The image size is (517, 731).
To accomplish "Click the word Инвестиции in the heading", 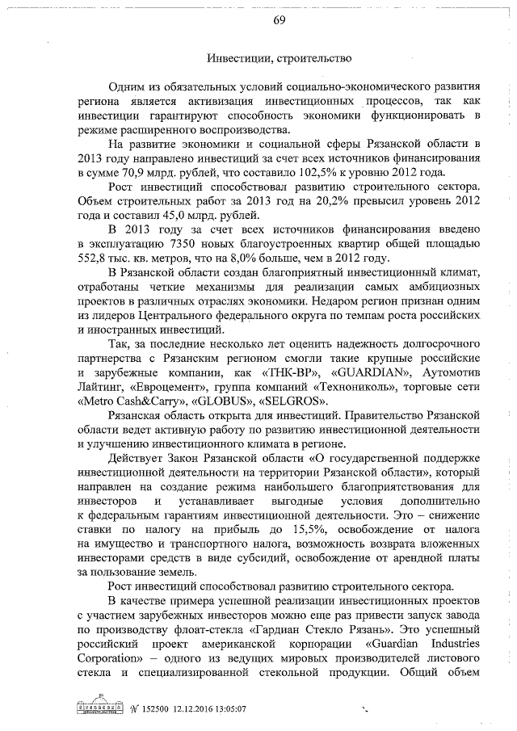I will tap(234, 58).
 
